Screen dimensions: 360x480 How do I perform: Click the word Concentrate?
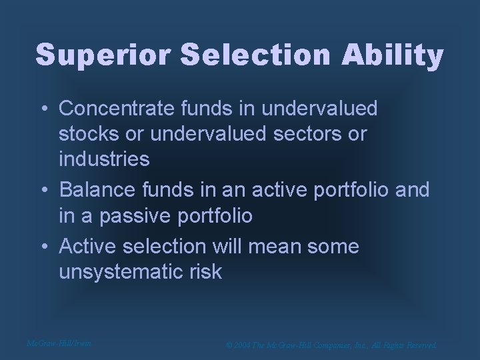point(117,107)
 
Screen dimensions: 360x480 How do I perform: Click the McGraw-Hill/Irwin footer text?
point(59,343)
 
